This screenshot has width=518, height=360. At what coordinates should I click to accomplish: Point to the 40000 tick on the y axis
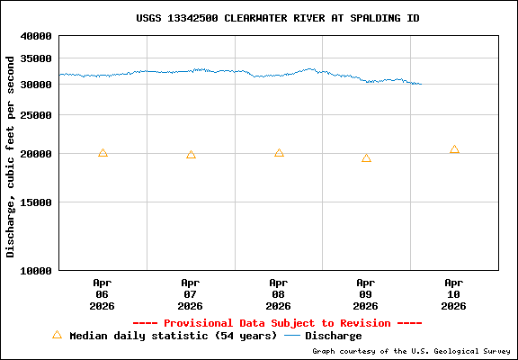pos(37,37)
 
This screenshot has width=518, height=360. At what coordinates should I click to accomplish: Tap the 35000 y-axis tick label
pos(37,58)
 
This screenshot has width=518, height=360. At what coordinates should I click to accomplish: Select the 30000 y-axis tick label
pos(37,85)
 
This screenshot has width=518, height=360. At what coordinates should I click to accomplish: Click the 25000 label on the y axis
pos(37,115)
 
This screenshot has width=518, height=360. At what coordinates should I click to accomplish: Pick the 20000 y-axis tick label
pos(37,154)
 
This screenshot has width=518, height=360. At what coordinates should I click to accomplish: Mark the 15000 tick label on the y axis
pos(37,202)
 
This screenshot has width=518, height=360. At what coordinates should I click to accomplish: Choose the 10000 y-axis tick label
pos(37,270)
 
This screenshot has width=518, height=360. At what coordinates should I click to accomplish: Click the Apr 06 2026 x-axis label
pos(103,294)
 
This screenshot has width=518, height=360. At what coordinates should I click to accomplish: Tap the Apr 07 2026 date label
pos(191,294)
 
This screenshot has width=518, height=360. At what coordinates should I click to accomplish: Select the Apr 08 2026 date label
pos(279,294)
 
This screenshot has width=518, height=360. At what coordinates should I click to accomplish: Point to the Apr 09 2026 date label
pos(366,294)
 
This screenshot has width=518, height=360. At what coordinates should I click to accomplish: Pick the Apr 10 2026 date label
pos(454,294)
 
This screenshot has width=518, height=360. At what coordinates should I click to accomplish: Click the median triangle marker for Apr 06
pos(103,153)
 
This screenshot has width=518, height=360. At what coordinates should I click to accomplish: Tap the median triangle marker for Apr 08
pos(279,153)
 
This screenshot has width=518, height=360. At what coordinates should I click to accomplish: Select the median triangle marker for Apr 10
pos(454,149)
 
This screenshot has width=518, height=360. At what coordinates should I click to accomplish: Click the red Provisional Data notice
pos(278,323)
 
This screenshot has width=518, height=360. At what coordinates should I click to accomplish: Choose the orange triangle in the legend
pos(57,335)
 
